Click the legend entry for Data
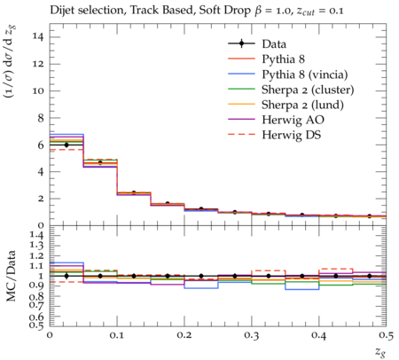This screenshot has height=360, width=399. coord(274,44)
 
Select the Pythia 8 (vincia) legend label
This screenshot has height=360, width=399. coord(305,74)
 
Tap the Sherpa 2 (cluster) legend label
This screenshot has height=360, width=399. coord(308,90)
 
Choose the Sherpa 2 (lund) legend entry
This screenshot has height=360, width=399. coord(302,105)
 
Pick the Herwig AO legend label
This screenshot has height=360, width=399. coord(293,120)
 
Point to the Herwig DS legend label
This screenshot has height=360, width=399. coord(292,135)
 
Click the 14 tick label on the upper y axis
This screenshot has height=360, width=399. coord(38,37)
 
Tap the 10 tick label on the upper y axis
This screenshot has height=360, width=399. coord(38,91)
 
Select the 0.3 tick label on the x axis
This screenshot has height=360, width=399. coord(252,335)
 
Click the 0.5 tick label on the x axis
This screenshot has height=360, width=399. coord(387,335)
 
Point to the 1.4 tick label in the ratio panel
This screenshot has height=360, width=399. coord(37,236)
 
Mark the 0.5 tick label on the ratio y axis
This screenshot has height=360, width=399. coord(37,325)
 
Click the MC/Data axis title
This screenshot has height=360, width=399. coord(12,276)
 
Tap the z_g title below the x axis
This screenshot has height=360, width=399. coord(380,352)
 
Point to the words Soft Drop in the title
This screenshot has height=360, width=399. coord(225,11)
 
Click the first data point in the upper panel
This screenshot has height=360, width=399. coord(66,145)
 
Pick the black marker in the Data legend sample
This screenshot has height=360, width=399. coord(241,43)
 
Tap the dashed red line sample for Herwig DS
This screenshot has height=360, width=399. coord(241,135)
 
